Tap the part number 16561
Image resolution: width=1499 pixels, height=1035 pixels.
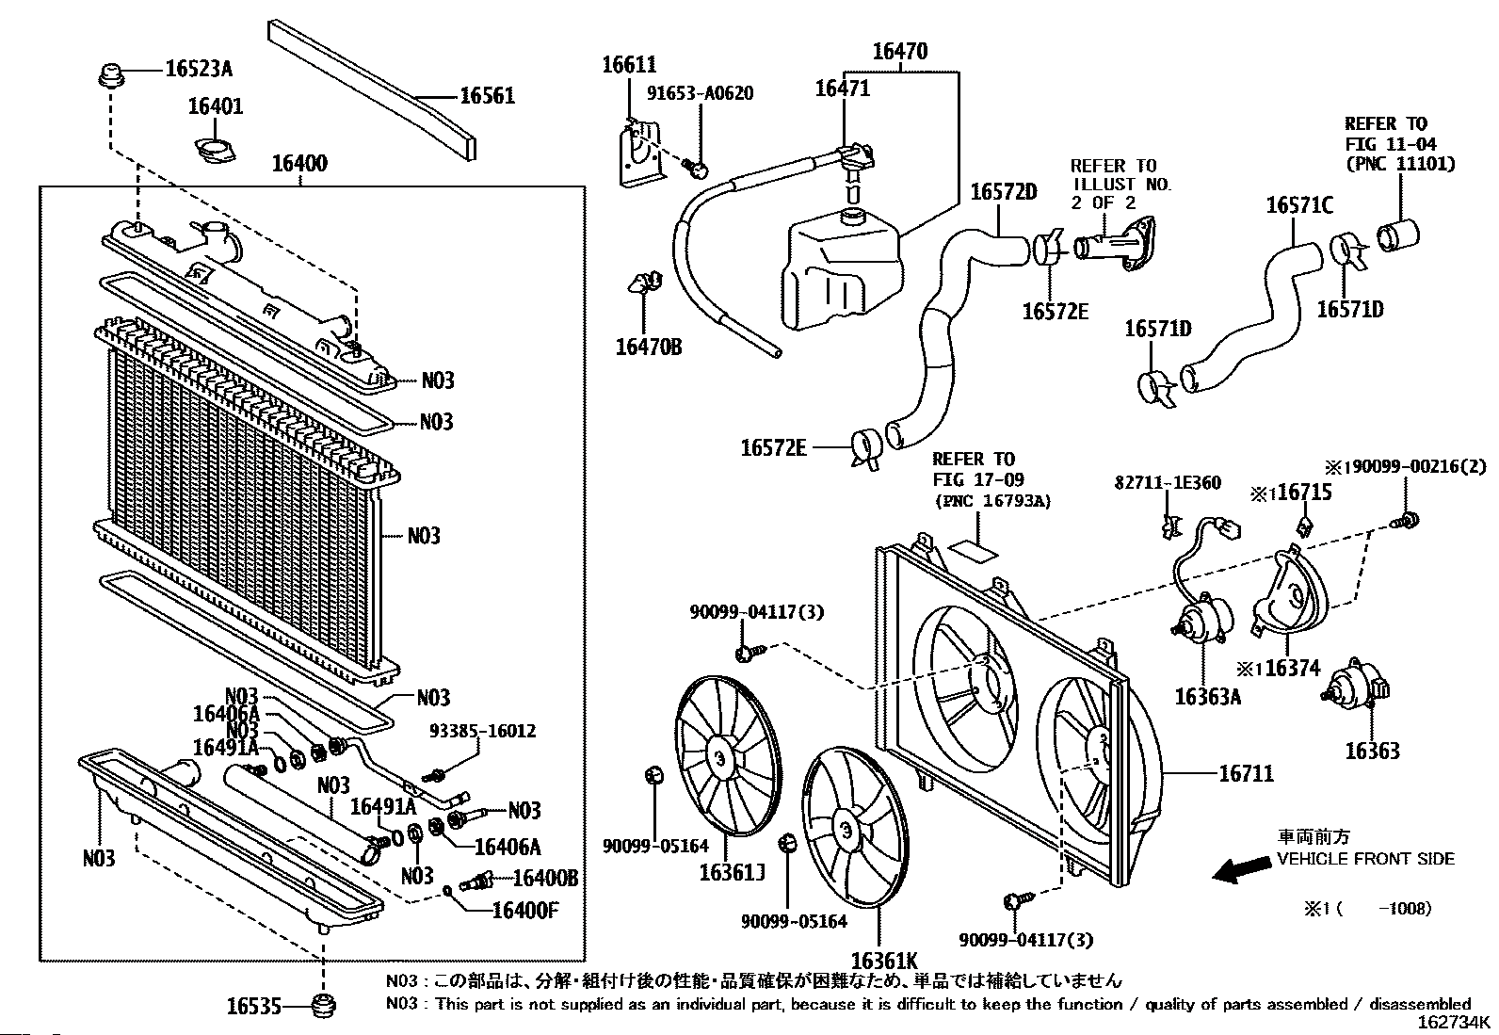tap(487, 96)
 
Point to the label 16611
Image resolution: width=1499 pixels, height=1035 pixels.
tap(629, 65)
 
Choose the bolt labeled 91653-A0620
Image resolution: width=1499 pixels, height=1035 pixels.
tap(698, 170)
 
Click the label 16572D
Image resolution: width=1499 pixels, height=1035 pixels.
tap(1003, 192)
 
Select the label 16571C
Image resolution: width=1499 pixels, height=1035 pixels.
tap(1299, 204)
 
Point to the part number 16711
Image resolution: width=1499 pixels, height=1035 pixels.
tap(1246, 774)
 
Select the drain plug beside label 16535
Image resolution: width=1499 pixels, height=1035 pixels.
tap(324, 1006)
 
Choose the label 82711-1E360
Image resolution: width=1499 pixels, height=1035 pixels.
tap(1167, 483)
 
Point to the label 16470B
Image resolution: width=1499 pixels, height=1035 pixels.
tap(649, 348)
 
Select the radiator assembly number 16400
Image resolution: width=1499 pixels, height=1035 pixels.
tap(299, 164)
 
